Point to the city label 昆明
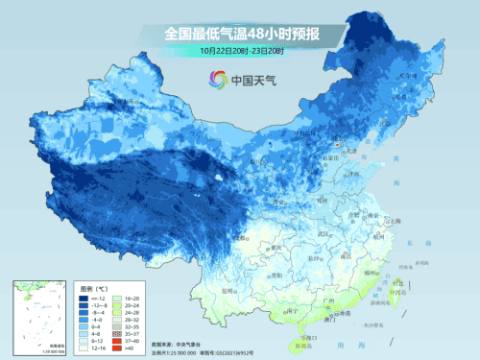tap(227, 289)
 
